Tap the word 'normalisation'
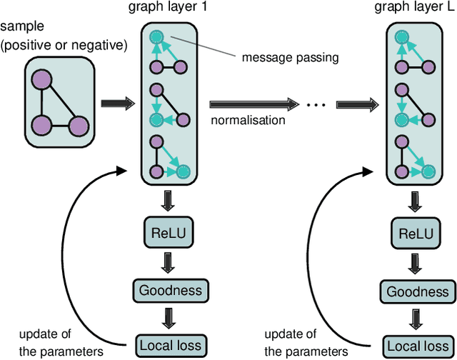248,120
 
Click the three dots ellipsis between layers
316,105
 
